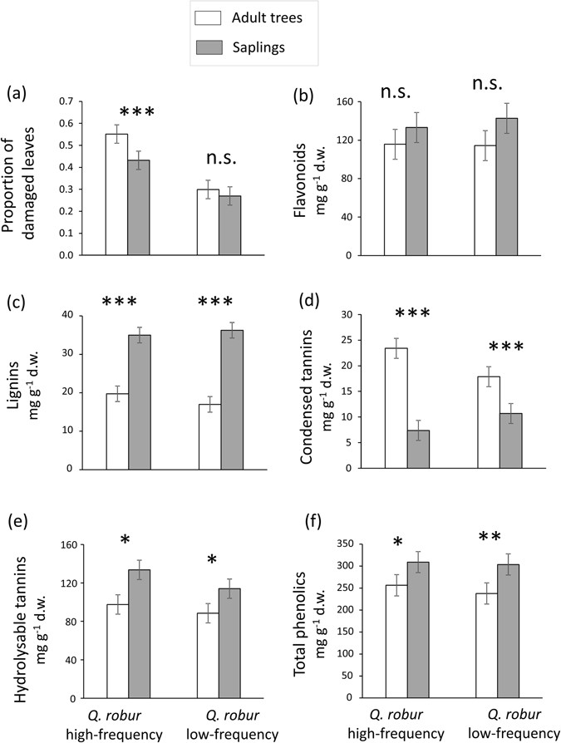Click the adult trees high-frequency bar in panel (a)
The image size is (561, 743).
[x=116, y=194]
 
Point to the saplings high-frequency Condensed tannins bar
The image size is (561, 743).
[x=416, y=449]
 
